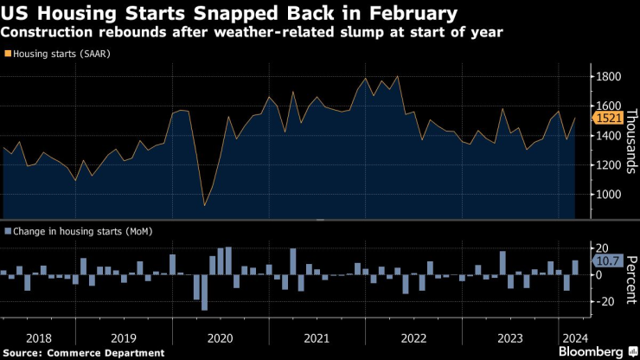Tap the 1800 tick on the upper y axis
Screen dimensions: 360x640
[x=607, y=77]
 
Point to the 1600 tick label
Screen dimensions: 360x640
[x=607, y=106]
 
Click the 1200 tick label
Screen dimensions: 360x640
[x=607, y=165]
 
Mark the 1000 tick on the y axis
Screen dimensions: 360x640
[x=607, y=195]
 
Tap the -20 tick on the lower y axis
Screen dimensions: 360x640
[x=605, y=301]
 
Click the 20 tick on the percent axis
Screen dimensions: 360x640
[x=603, y=247]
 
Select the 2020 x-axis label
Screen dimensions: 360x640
[x=221, y=337]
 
